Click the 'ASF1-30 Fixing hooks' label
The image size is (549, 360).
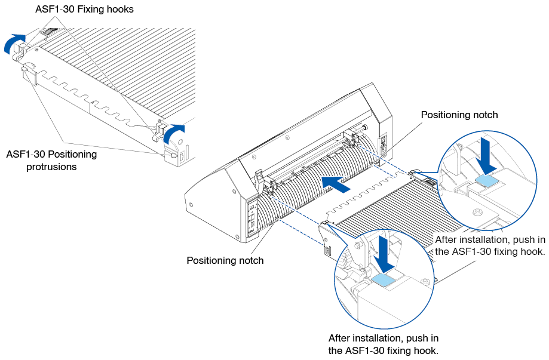[x=84, y=9]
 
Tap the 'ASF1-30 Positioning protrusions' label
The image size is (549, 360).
[x=51, y=161]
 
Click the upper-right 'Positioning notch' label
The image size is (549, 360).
[x=459, y=115]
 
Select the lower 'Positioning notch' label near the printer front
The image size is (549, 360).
[x=225, y=260]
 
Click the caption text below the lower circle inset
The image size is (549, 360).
[x=384, y=344]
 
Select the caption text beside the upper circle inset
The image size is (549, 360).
[x=490, y=245]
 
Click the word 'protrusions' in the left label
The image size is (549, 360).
[x=51, y=167]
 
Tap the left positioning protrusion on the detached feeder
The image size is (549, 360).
[x=28, y=75]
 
